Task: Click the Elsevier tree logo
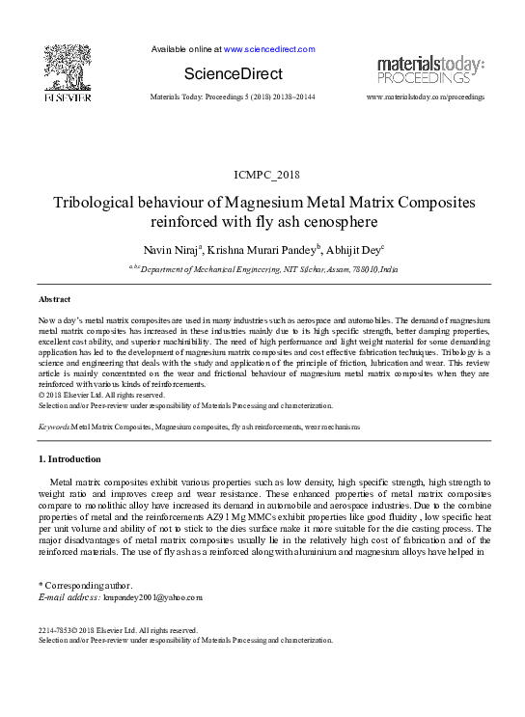tap(67, 67)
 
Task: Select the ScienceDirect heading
tap(234, 74)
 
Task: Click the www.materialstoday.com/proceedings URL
tap(426, 98)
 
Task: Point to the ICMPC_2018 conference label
tap(262, 174)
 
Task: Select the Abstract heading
tap(54, 300)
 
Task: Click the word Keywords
tap(53, 426)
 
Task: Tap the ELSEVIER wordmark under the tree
tap(67, 97)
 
